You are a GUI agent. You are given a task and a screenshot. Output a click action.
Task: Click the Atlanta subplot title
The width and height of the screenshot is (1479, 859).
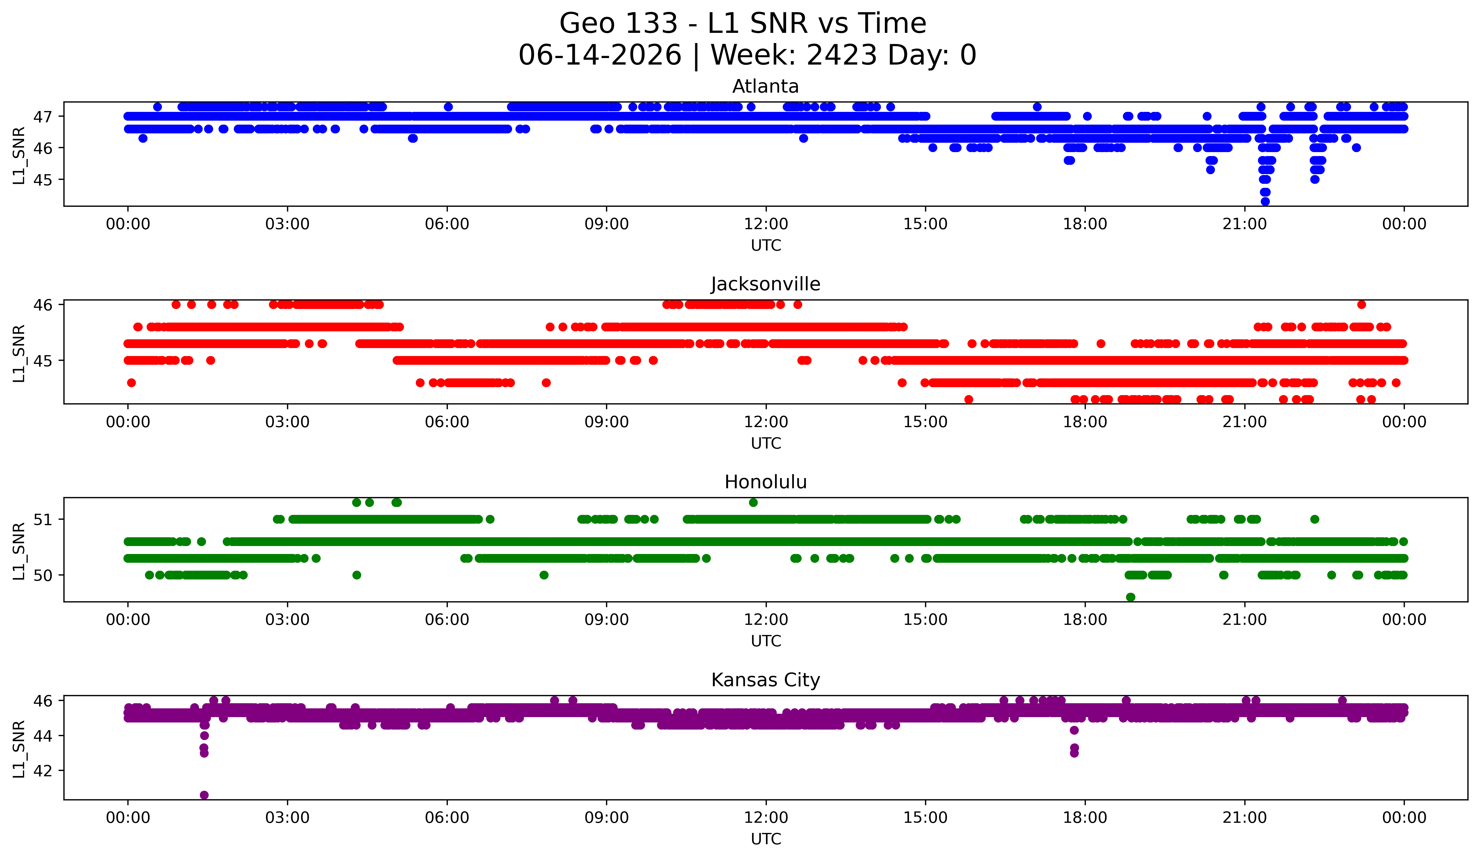point(765,86)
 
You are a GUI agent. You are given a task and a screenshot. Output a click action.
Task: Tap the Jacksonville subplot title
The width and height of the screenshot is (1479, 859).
point(765,284)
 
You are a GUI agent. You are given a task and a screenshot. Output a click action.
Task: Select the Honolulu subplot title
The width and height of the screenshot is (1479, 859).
point(765,482)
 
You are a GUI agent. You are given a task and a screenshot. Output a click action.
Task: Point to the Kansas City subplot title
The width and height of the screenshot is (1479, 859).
point(765,680)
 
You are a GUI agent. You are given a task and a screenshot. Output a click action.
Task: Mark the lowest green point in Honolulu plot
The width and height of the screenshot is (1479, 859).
point(1130,597)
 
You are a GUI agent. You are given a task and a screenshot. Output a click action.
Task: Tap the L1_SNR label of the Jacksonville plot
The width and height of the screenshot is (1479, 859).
point(19,353)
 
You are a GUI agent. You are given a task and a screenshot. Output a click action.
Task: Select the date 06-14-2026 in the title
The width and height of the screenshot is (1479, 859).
point(600,55)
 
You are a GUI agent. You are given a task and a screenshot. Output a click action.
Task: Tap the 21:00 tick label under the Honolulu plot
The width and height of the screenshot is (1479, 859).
point(1244,619)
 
